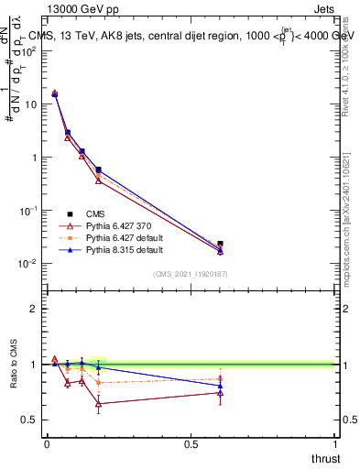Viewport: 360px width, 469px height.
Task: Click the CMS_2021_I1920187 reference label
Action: coord(190,274)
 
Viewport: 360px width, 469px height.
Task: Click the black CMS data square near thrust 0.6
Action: coord(220,244)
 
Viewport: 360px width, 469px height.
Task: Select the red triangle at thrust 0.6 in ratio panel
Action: coord(220,393)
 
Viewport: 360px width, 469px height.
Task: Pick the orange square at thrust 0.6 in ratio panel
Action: coord(220,378)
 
